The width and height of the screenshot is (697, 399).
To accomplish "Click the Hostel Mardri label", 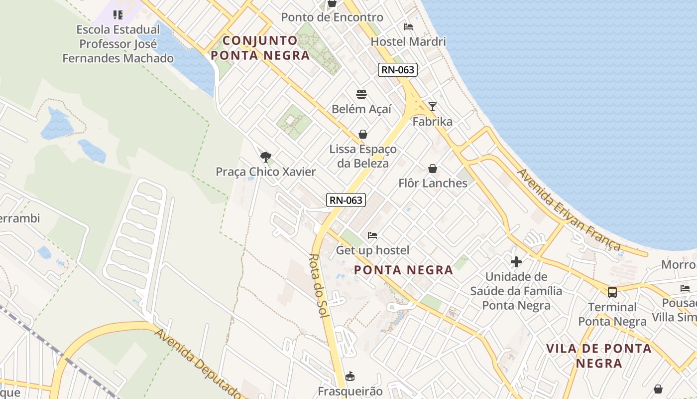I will (x=408, y=41).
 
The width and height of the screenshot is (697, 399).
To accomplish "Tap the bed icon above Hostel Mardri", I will (x=408, y=27).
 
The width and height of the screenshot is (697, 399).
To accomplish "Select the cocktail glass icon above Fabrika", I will (x=433, y=107).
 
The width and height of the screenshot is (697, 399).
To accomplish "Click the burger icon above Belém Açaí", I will (x=361, y=94).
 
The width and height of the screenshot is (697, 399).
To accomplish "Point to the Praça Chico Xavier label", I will (x=266, y=172).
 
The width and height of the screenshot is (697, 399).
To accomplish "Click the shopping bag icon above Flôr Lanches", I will (x=433, y=169).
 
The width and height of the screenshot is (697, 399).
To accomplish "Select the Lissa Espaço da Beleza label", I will (x=363, y=156).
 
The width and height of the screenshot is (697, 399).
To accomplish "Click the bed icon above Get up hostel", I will (x=372, y=235).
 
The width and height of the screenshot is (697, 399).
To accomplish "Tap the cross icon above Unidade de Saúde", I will (x=516, y=261).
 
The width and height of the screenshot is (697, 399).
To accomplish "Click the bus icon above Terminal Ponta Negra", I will (x=612, y=292).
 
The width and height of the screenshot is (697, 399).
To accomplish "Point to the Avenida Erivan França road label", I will (x=570, y=210).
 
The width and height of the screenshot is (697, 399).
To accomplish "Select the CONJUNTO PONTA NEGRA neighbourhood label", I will (x=260, y=48).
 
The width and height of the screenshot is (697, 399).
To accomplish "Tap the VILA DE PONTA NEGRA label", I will (x=599, y=356).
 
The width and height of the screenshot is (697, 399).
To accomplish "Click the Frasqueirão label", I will (x=350, y=391).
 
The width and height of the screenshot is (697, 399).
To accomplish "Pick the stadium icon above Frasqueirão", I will (x=350, y=376).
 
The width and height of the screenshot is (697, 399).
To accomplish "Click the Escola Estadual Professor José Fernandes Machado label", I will (x=118, y=44).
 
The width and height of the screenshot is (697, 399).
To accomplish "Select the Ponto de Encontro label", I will (x=332, y=17).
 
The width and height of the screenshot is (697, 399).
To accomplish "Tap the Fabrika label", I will (x=433, y=122).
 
